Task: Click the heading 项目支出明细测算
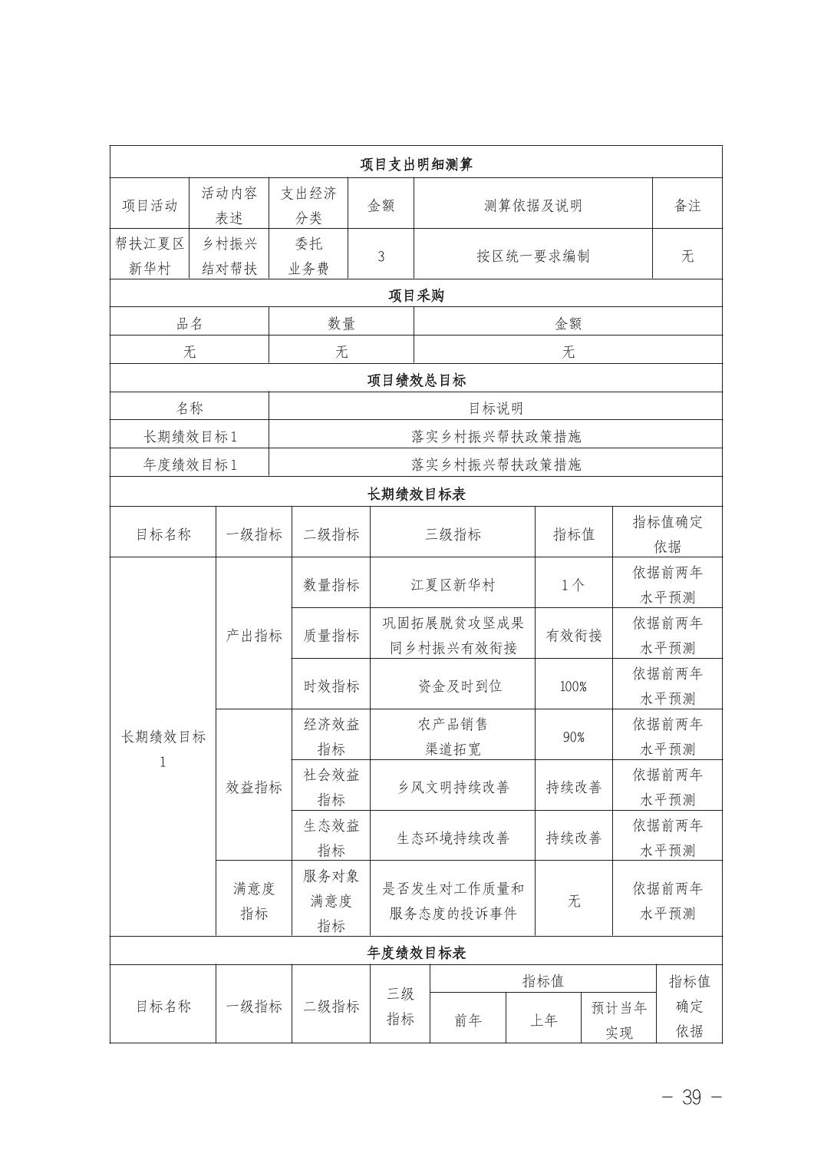click(x=416, y=164)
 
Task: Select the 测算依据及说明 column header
click(x=532, y=205)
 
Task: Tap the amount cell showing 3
click(x=381, y=256)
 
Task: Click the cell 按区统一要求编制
click(x=532, y=256)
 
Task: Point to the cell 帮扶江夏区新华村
click(x=150, y=256)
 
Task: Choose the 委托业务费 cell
click(x=308, y=256)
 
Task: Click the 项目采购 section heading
click(x=416, y=296)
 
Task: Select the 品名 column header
click(x=190, y=324)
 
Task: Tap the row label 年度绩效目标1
click(x=190, y=464)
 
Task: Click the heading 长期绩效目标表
click(x=416, y=494)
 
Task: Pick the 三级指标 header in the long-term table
click(x=453, y=534)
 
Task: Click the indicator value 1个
click(x=573, y=585)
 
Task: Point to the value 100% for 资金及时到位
click(x=573, y=686)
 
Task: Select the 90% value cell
click(x=573, y=737)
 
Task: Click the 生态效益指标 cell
click(x=331, y=838)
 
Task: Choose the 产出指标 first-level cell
click(x=254, y=636)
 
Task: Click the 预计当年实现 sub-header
click(x=618, y=1020)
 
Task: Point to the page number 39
click(x=691, y=1097)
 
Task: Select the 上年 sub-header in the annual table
click(x=543, y=1020)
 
